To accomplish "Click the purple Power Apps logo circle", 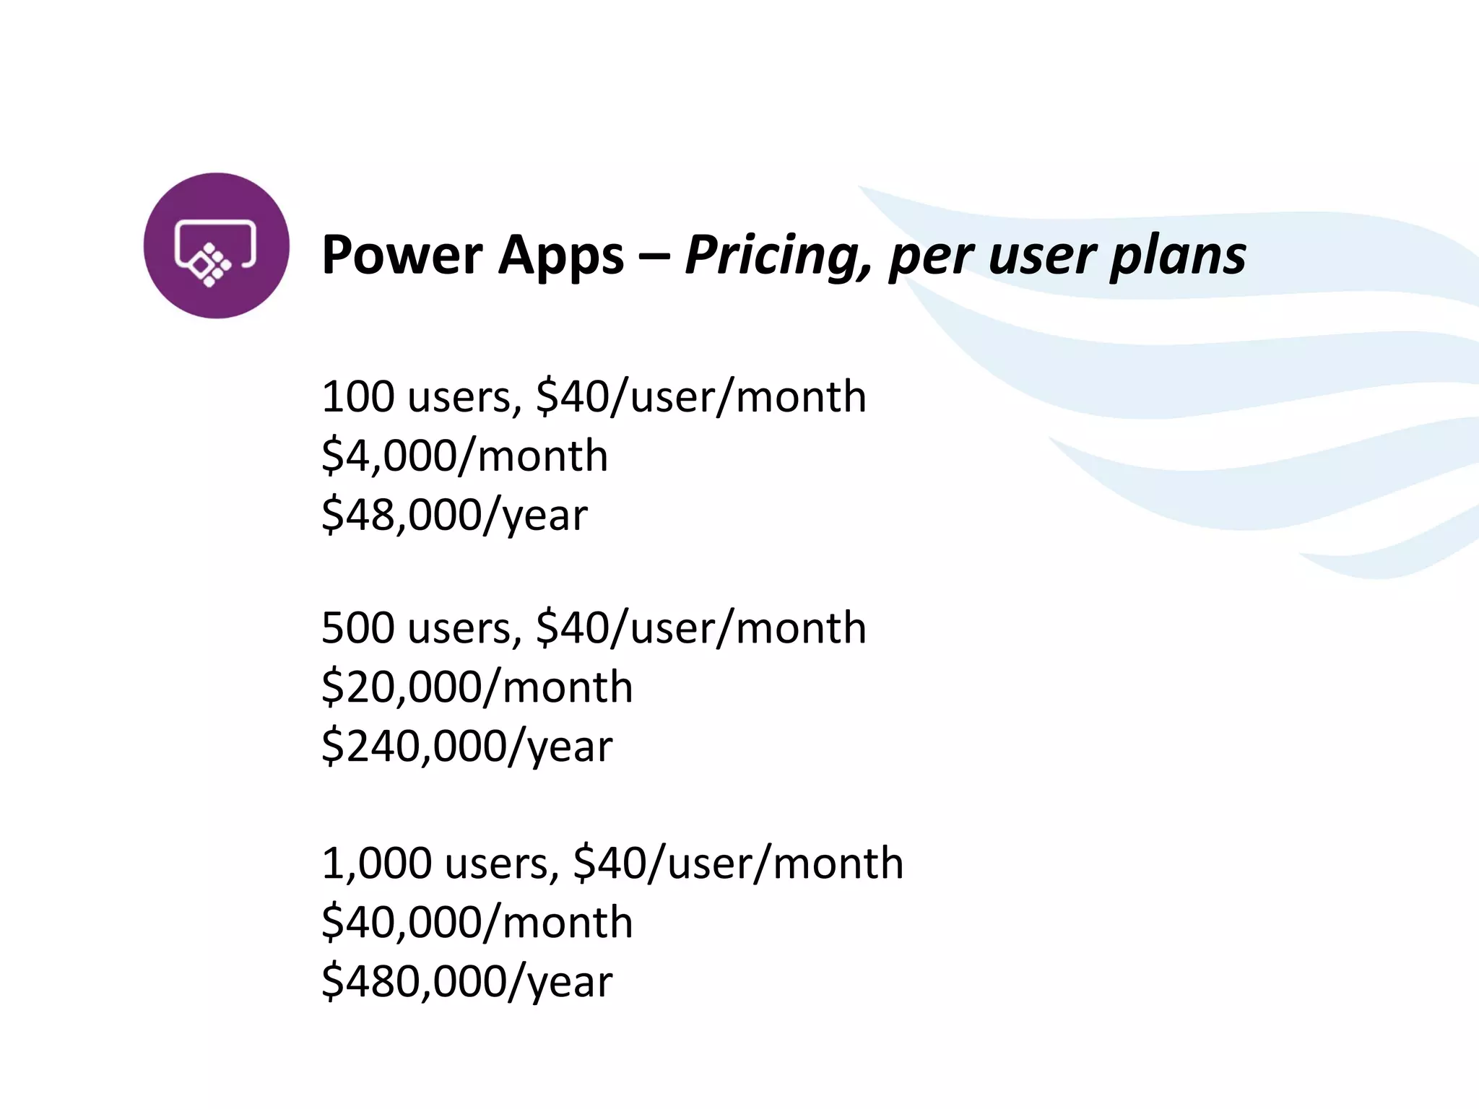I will [216, 245].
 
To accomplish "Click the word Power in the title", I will [402, 255].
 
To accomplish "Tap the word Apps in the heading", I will [560, 256].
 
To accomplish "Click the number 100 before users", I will [357, 397].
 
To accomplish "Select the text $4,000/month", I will [464, 456].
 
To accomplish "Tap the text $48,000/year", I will [454, 516].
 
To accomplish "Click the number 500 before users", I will [357, 628].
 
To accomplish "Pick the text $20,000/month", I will [477, 687].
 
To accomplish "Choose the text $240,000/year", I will [467, 747].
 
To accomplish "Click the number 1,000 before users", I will [376, 864].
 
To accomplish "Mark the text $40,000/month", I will [477, 923].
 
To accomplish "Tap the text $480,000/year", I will [467, 982].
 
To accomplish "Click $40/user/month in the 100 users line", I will [701, 397].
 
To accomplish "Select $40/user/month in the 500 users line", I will [701, 628].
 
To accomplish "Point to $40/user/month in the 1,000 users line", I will [737, 864].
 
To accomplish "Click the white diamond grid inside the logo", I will [210, 265].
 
